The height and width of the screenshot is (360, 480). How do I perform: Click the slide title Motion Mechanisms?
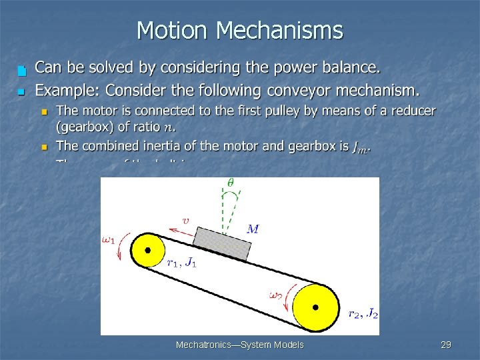coord(239,31)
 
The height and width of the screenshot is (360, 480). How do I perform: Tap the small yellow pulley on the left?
coord(148,250)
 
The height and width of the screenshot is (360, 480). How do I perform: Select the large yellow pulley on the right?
coord(315,307)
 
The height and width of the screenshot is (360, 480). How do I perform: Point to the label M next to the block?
coord(253,229)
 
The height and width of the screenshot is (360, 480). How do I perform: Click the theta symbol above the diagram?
coord(231,181)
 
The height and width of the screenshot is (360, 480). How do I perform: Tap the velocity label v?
coord(185,219)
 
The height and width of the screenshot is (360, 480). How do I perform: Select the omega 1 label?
coord(109,241)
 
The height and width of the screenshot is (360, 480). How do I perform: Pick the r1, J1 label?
coord(181,263)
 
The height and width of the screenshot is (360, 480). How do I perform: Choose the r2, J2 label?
coord(363,313)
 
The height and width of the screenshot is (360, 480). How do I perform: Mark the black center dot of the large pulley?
coord(315,307)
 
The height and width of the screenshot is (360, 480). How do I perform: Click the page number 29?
coord(446,345)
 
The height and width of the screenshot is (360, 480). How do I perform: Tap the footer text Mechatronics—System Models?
coord(239,345)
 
